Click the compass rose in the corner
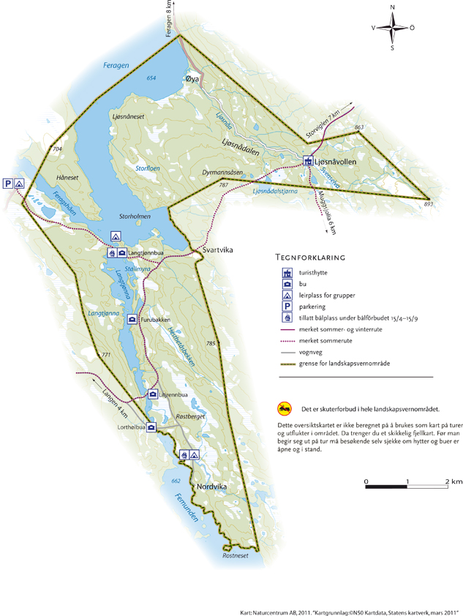394,29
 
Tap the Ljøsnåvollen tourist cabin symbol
309,161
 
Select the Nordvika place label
212,467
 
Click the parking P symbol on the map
7,184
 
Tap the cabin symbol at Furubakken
132,319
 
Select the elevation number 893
428,205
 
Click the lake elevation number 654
151,78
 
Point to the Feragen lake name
115,66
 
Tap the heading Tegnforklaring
310,258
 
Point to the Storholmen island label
134,217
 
